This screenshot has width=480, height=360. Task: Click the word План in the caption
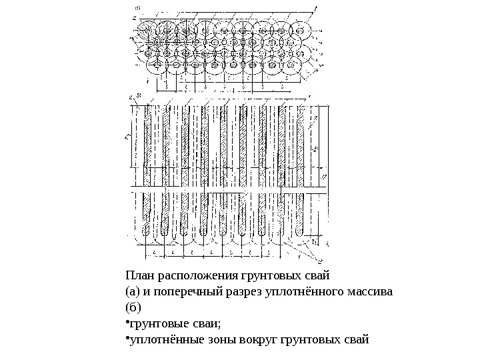[x=139, y=275]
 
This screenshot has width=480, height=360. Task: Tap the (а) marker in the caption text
[x=132, y=292]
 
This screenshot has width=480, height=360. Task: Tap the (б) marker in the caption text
[x=132, y=309]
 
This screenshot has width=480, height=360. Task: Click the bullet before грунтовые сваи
[x=127, y=325]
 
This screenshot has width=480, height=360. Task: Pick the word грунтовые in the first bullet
[x=157, y=325]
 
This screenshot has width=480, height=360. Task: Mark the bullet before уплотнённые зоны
[x=127, y=342]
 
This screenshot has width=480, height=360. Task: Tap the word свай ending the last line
[x=356, y=342]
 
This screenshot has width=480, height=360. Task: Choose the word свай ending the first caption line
[x=318, y=275]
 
